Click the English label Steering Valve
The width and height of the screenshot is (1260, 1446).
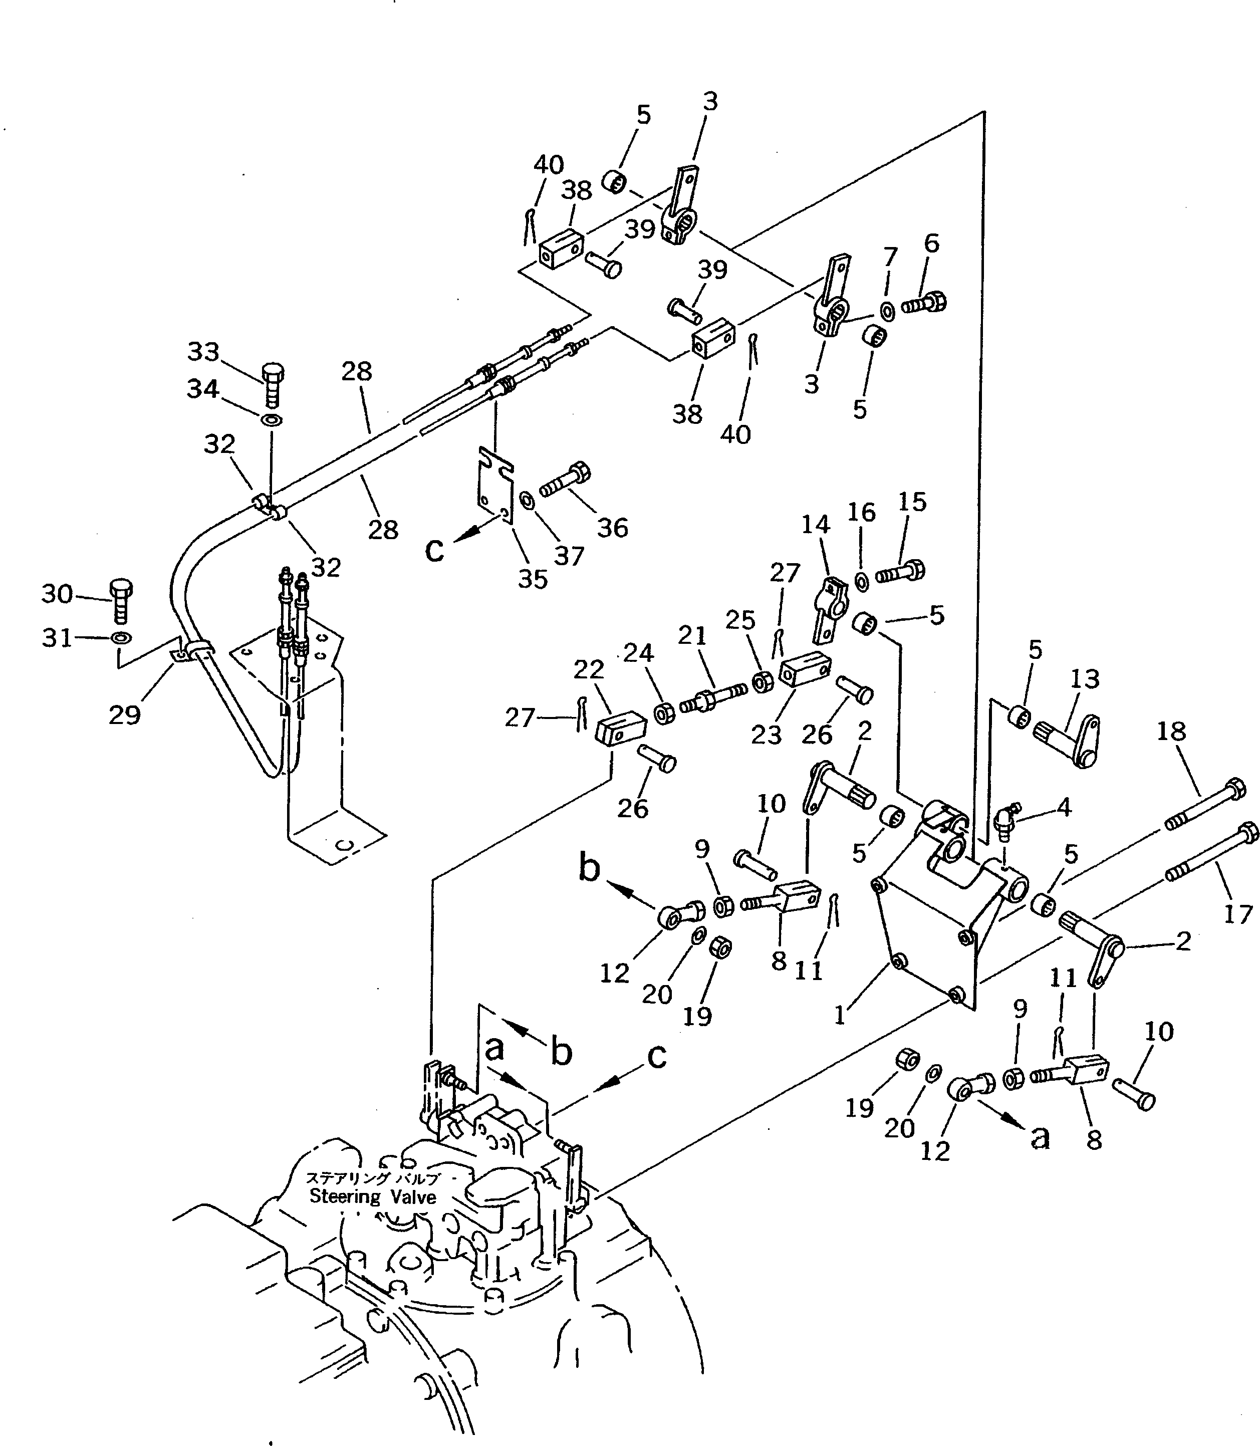(x=373, y=1197)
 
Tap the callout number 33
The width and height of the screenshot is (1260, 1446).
(x=203, y=352)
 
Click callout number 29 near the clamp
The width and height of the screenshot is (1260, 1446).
(x=124, y=715)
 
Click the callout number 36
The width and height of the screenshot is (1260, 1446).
(x=612, y=528)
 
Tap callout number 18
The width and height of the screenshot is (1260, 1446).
(x=1171, y=732)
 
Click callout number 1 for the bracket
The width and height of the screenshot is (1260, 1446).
(x=840, y=1016)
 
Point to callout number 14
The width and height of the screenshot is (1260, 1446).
(x=816, y=524)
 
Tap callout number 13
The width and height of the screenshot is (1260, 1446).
(x=1084, y=679)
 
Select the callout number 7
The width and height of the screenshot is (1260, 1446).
(x=890, y=258)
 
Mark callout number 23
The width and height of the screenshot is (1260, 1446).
(x=766, y=735)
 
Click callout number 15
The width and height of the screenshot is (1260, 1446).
(x=912, y=502)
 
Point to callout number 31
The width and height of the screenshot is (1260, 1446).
(x=57, y=638)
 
